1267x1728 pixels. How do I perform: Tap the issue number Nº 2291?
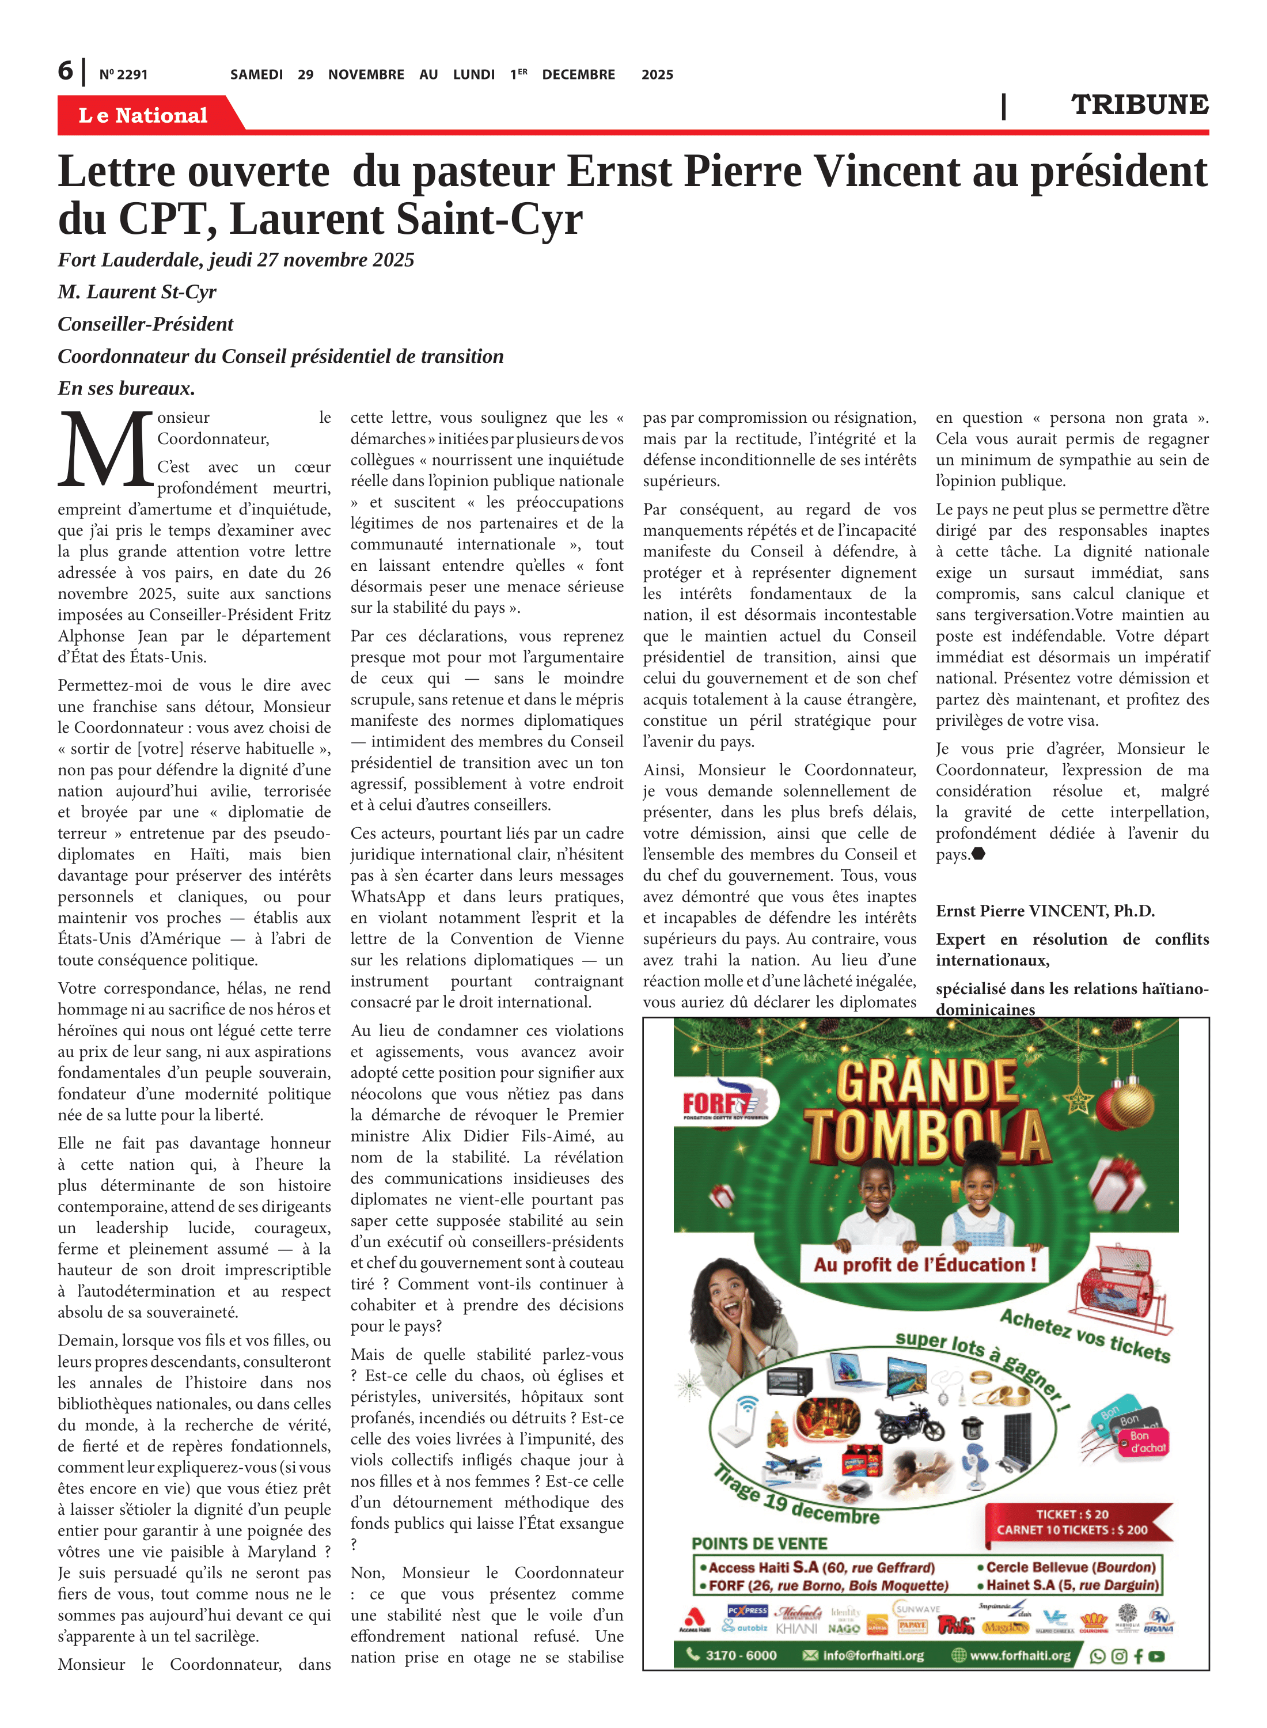123,74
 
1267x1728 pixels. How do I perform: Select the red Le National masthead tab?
143,115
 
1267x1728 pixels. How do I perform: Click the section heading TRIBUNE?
1139,104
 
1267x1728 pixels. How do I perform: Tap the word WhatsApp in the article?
388,897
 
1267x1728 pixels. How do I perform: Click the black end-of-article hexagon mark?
978,854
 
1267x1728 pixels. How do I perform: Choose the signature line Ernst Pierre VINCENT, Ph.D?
1045,911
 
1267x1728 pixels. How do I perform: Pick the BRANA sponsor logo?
1158,1619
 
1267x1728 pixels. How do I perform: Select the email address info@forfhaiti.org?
872,1655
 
